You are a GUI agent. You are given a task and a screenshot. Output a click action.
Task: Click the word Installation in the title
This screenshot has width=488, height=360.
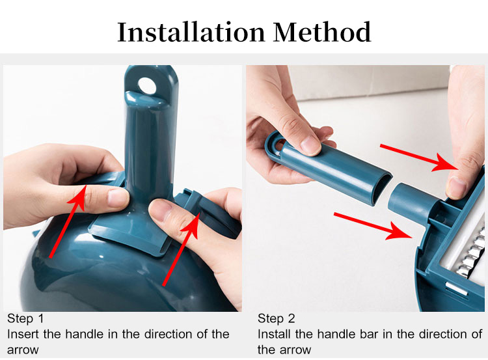pyautogui.click(x=191, y=32)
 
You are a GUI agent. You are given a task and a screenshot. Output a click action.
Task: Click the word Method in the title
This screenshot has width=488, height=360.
pyautogui.click(x=322, y=32)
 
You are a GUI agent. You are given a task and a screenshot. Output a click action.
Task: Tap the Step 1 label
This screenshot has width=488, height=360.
pyautogui.click(x=25, y=318)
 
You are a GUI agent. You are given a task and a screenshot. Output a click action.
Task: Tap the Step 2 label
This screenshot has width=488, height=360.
pyautogui.click(x=276, y=318)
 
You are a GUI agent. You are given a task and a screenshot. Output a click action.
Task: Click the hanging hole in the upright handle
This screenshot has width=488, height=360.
pyautogui.click(x=147, y=86)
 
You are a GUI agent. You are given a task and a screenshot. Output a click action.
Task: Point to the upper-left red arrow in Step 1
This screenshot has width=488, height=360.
pyautogui.click(x=67, y=221)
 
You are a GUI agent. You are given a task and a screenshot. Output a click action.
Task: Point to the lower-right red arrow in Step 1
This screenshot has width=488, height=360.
pyautogui.click(x=181, y=249)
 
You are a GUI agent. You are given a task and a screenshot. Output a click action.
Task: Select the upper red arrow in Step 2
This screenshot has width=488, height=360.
pyautogui.click(x=418, y=158)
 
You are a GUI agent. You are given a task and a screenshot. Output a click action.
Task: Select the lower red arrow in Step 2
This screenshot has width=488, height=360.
pyautogui.click(x=373, y=226)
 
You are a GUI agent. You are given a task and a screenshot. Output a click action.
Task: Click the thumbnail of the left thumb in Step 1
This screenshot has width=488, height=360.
pyautogui.click(x=118, y=198)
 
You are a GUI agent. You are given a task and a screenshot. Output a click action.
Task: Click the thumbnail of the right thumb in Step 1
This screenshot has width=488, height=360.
pyautogui.click(x=159, y=210)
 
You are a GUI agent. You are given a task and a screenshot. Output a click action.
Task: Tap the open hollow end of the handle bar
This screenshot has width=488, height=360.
pyautogui.click(x=381, y=189)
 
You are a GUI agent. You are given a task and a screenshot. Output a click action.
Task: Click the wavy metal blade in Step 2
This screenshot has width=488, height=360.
pyautogui.click(x=472, y=253)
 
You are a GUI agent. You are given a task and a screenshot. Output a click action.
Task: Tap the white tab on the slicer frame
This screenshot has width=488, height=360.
pyautogui.click(x=456, y=288)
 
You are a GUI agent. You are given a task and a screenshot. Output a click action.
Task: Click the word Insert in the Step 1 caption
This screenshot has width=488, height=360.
pyautogui.click(x=23, y=335)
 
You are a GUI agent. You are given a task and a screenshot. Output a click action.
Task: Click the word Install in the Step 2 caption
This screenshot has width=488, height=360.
pyautogui.click(x=275, y=335)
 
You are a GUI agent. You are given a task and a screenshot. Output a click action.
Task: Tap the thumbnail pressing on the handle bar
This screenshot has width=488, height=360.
pyautogui.click(x=310, y=145)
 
